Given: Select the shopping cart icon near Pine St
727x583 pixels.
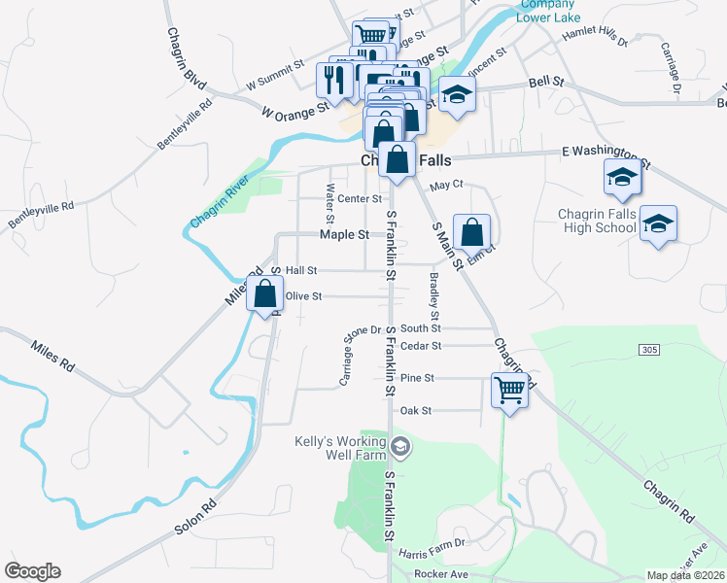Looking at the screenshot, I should [x=509, y=390].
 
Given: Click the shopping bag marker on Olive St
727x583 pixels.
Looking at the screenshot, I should [x=264, y=293].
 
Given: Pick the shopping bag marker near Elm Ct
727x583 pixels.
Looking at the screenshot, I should [x=471, y=232].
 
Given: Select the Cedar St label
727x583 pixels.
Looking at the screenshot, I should [x=421, y=345].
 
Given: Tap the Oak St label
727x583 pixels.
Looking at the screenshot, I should [x=415, y=411].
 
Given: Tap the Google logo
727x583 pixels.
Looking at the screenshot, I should [x=32, y=571].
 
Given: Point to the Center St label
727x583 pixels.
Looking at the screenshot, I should [x=360, y=199].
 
